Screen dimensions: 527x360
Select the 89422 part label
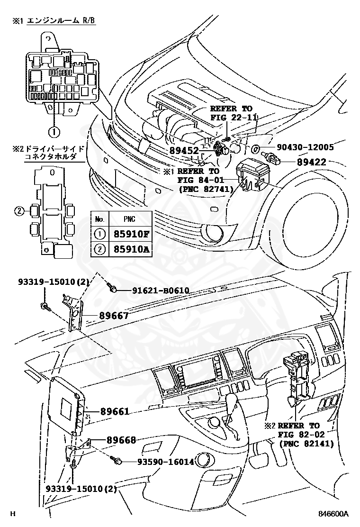(312, 162)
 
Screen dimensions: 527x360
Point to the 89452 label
(185, 150)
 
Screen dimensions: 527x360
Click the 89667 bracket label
(114, 315)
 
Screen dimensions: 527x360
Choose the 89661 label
(115, 412)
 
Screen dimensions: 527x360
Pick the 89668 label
(121, 440)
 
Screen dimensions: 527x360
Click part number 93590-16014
(166, 461)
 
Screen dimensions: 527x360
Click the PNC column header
(129, 219)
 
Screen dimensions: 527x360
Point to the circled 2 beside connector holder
(19, 211)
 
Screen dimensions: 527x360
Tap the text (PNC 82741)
(205, 189)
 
